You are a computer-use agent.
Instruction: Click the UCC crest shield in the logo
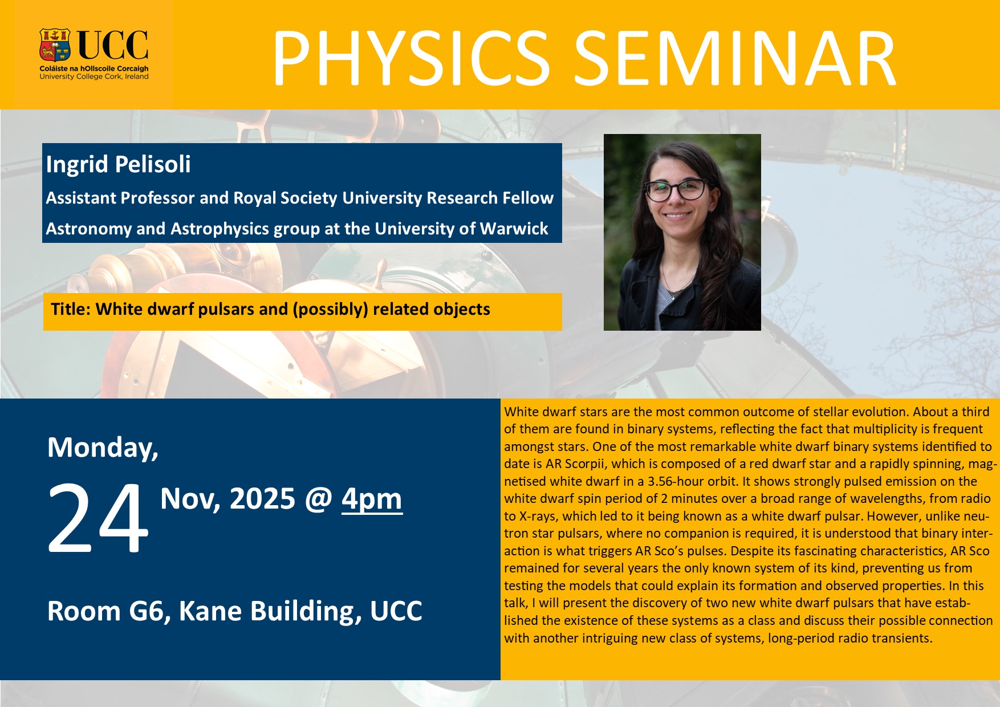click(55, 45)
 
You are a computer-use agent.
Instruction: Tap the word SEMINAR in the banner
click(735, 59)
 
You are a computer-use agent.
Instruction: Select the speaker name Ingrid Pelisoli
click(119, 164)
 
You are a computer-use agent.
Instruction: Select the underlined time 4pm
click(372, 499)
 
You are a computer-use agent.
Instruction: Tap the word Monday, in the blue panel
click(103, 448)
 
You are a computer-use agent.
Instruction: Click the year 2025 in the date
click(262, 499)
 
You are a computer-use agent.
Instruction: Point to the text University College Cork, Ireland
click(94, 76)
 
